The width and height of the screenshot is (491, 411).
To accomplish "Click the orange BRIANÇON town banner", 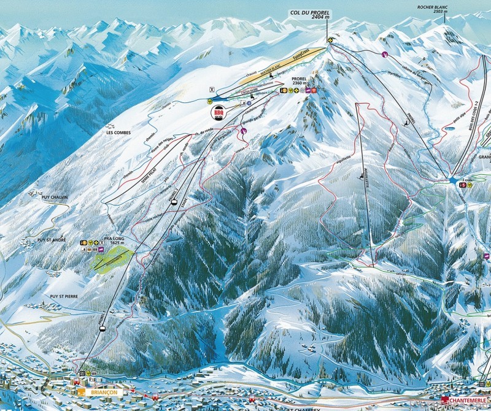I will click(x=98, y=391).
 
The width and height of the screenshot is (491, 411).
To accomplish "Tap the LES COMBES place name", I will click(x=118, y=133).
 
